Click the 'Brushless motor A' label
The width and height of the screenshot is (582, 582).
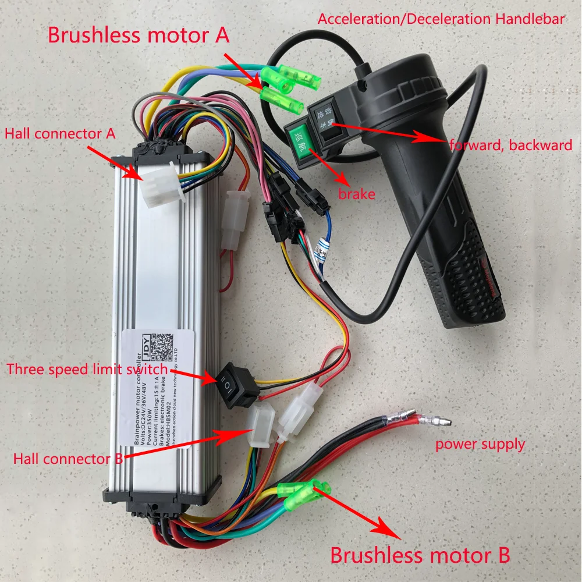[138, 36]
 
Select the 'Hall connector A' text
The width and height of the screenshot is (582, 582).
[60, 133]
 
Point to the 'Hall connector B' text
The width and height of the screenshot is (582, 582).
[68, 458]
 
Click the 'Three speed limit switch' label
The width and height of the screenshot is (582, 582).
[87, 370]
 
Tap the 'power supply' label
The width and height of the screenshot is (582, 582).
[480, 445]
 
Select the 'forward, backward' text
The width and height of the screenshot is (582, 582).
[511, 145]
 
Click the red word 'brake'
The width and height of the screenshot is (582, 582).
[356, 194]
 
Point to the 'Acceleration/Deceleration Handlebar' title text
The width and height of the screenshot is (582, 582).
[441, 19]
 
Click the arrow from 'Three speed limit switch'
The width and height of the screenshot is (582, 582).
[194, 375]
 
